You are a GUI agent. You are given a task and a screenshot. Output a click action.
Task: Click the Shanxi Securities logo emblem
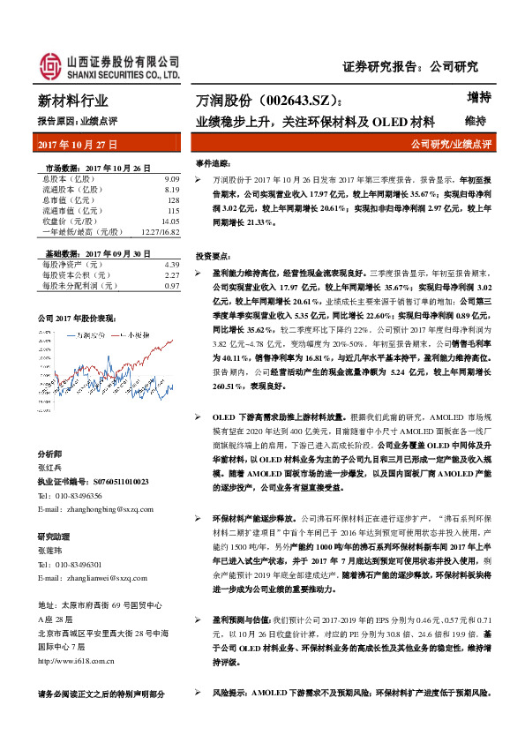pyautogui.click(x=49, y=65)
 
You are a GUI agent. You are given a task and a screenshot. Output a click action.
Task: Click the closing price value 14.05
pyautogui.click(x=169, y=222)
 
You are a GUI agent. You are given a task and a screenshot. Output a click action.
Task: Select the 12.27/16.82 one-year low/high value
pyautogui.click(x=159, y=233)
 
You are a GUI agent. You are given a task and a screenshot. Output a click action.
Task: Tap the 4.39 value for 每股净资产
pyautogui.click(x=172, y=265)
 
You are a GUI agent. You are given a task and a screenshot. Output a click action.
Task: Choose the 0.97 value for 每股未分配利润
pyautogui.click(x=172, y=286)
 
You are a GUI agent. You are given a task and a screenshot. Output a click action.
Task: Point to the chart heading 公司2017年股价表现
pyautogui.click(x=76, y=317)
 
